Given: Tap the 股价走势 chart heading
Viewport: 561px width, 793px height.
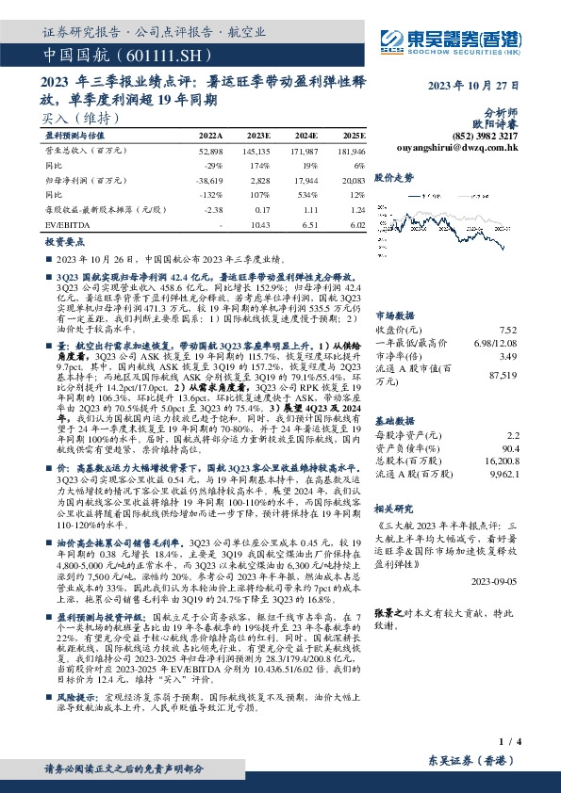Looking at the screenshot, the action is (x=394, y=176).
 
